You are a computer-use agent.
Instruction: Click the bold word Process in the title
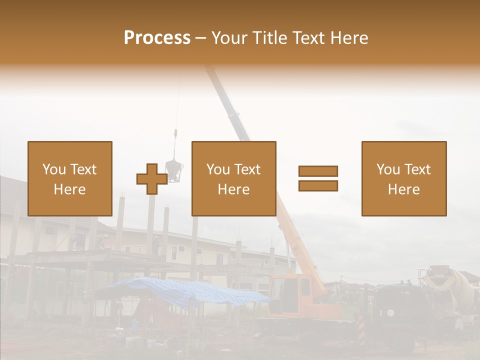click(x=157, y=37)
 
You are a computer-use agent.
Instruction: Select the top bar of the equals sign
click(x=318, y=171)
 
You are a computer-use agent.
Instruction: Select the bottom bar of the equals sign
click(x=318, y=186)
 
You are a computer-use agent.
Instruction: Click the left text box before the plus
click(x=70, y=178)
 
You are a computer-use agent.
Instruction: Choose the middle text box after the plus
click(x=234, y=178)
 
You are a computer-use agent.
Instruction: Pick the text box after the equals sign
click(x=404, y=178)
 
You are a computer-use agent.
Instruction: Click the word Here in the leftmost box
click(x=70, y=189)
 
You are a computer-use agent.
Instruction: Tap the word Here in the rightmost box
click(x=404, y=189)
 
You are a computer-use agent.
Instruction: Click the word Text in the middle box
click(x=247, y=169)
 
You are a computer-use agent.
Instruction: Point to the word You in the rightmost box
click(x=388, y=169)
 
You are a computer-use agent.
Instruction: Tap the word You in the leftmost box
click(x=54, y=169)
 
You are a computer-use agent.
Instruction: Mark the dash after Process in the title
click(x=201, y=38)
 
